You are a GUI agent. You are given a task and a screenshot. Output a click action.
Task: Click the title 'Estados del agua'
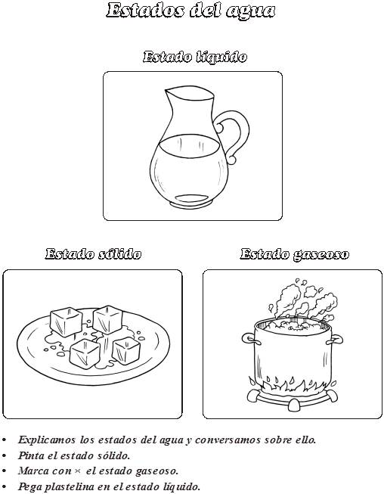coord(190,11)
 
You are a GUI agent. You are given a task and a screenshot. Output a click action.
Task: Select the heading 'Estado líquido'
coord(195,57)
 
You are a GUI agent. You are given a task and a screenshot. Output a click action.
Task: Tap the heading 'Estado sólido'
coord(93,253)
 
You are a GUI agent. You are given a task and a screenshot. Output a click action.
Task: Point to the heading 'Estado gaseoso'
coord(295,254)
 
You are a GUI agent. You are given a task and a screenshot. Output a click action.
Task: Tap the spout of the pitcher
coord(168,93)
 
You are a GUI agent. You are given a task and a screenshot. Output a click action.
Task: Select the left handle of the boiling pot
coord(249,339)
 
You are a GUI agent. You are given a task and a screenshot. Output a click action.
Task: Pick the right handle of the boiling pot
coord(336,340)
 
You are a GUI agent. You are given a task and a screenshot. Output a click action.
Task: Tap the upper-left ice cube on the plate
coord(66,322)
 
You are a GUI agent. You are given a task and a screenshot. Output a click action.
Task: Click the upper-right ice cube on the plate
coord(108,319)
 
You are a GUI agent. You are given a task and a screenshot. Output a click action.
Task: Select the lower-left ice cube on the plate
coord(85,353)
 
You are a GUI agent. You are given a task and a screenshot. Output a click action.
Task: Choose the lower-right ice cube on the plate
coord(126,350)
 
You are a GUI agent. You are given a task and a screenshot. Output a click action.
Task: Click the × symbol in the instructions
coord(77,471)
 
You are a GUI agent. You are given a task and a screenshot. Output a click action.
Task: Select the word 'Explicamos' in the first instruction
coord(47,440)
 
